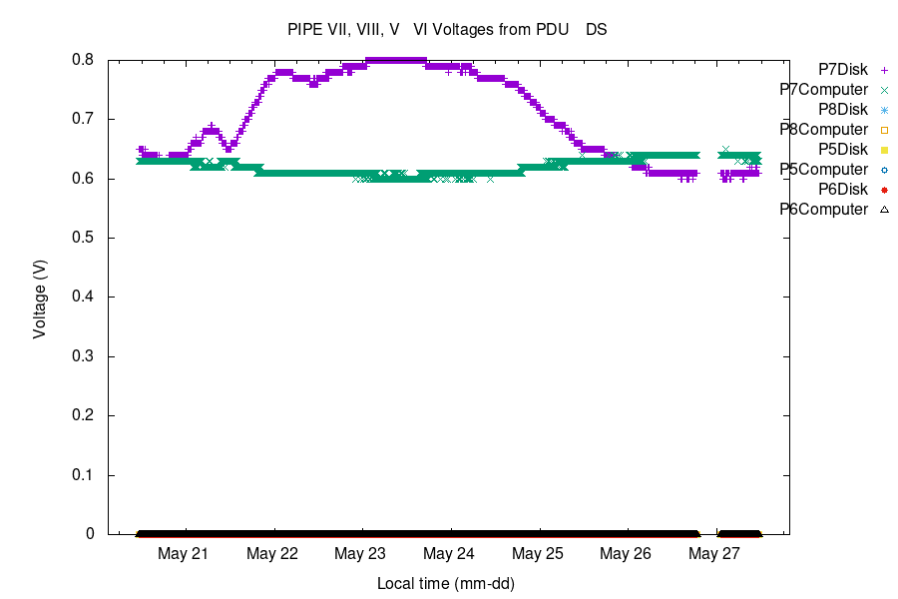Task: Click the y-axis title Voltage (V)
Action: pyautogui.click(x=40, y=297)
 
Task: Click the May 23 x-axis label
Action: pyautogui.click(x=362, y=553)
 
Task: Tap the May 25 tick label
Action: pyautogui.click(x=539, y=553)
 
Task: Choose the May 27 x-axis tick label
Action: pyautogui.click(x=715, y=553)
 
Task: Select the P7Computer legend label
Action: pyautogui.click(x=823, y=90)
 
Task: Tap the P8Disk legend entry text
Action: pyautogui.click(x=842, y=110)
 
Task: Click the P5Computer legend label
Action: pyautogui.click(x=823, y=170)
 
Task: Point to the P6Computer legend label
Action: pyautogui.click(x=823, y=210)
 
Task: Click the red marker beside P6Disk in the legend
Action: pyautogui.click(x=884, y=190)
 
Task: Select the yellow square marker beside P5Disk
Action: pyautogui.click(x=884, y=150)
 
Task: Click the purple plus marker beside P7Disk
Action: pyautogui.click(x=884, y=70)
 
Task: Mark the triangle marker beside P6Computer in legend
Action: pyautogui.click(x=884, y=210)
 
